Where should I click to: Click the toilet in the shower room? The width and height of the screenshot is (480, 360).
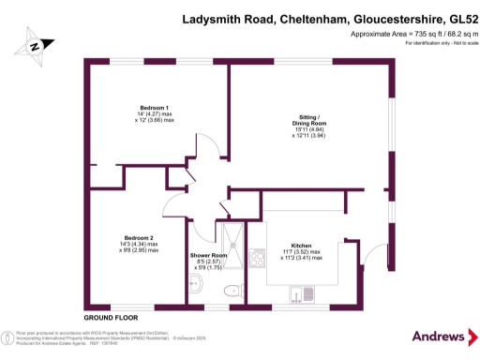[227, 293]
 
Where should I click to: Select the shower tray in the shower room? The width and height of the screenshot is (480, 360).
[231, 236]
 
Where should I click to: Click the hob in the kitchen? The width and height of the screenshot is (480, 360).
[257, 255]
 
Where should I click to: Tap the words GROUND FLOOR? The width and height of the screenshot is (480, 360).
[106, 318]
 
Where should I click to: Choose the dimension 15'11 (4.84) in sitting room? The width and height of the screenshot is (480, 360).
[307, 131]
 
